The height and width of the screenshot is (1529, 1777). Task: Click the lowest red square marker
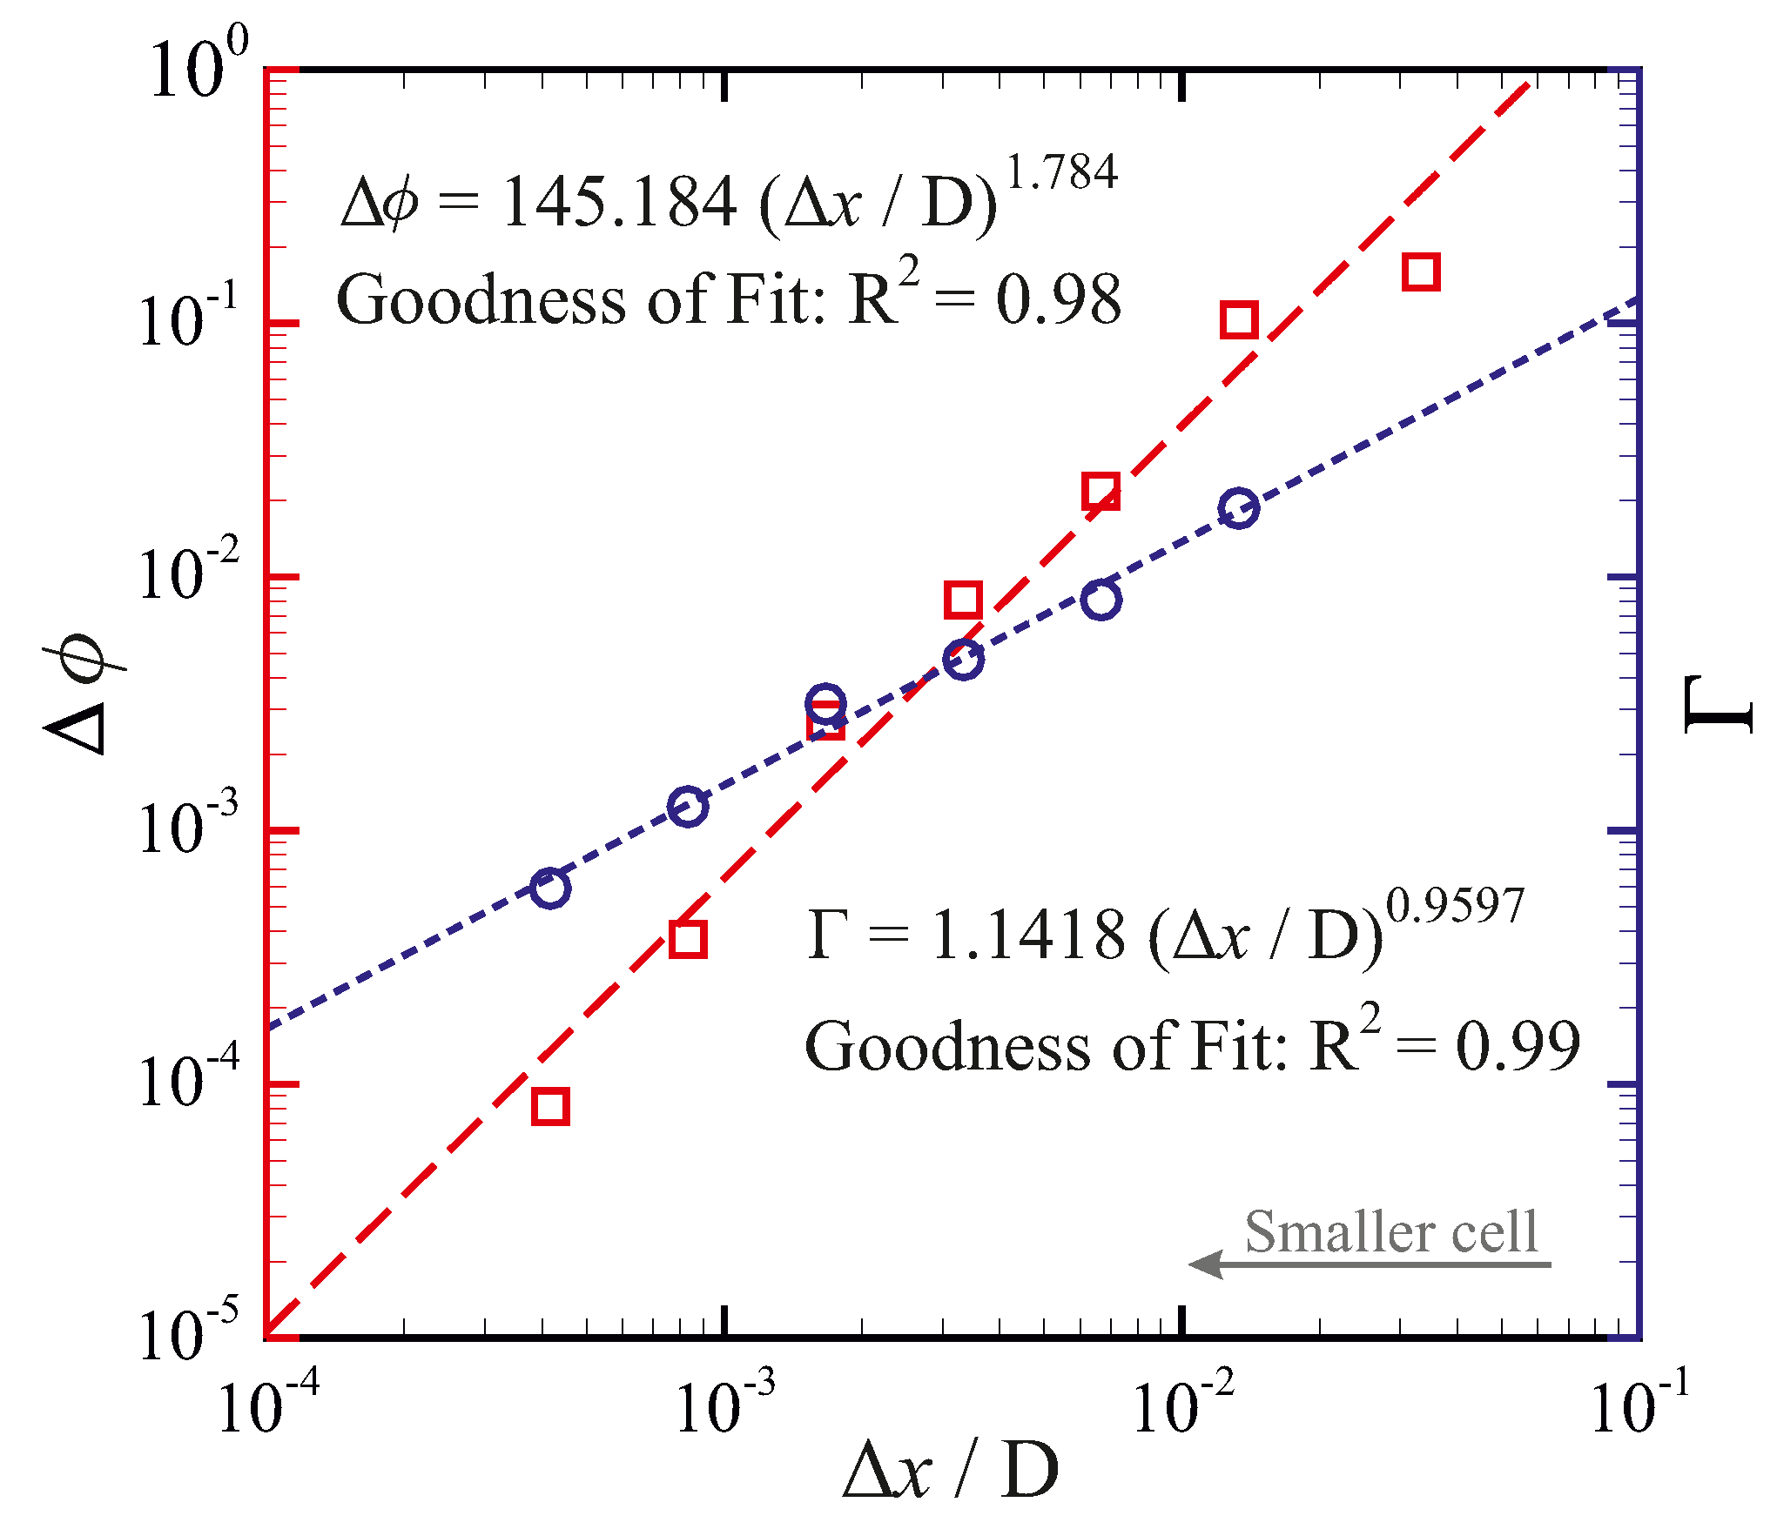point(550,1107)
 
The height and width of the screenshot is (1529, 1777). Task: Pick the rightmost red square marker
point(1421,272)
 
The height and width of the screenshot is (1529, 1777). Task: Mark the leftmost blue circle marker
point(550,888)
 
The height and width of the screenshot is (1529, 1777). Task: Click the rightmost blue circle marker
point(1239,507)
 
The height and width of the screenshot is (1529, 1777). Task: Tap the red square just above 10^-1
point(1239,320)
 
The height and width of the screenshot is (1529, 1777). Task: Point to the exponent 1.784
point(1061,171)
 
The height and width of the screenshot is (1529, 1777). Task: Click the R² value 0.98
point(1059,300)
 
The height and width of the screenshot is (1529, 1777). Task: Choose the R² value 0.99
point(1518,1046)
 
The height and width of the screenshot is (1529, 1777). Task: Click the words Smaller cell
point(1391,1232)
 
